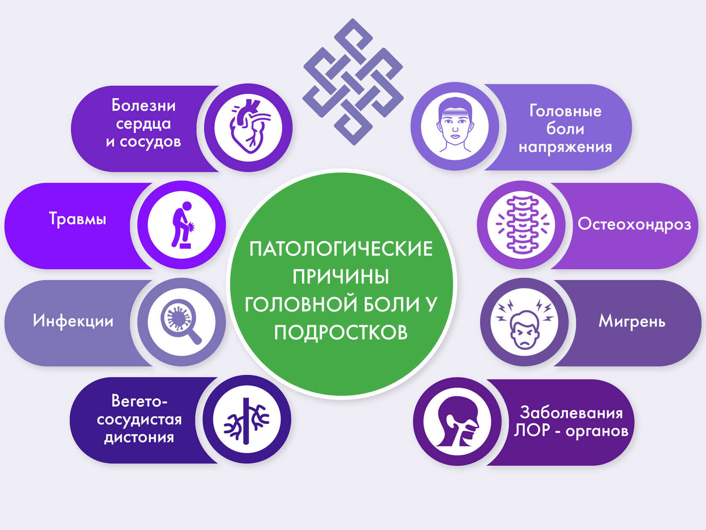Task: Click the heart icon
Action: pyautogui.click(x=248, y=127)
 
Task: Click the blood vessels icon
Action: pyautogui.click(x=247, y=420)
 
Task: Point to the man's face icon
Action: pyautogui.click(x=455, y=126)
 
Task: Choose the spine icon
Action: pyautogui.click(x=522, y=224)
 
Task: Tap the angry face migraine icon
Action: pyautogui.click(x=524, y=323)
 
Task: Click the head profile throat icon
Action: pyautogui.click(x=457, y=421)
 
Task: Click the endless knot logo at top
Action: pyautogui.click(x=353, y=82)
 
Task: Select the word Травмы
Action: pyautogui.click(x=78, y=219)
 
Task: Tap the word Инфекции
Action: pyautogui.click(x=73, y=321)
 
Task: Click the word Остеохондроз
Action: pyautogui.click(x=634, y=224)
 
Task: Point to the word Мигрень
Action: pyautogui.click(x=632, y=321)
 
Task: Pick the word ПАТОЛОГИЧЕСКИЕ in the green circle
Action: pyautogui.click(x=341, y=249)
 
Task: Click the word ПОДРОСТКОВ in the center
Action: pyautogui.click(x=341, y=332)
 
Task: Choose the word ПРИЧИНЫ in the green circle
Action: pyautogui.click(x=341, y=277)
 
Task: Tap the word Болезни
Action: pyautogui.click(x=143, y=105)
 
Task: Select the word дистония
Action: pyautogui.click(x=139, y=437)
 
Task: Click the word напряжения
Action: pyautogui.click(x=565, y=147)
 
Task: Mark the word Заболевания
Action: pyautogui.click(x=571, y=413)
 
